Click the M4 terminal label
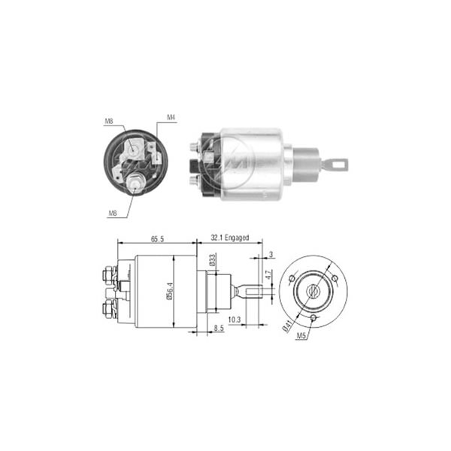171,118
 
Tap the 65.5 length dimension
157,239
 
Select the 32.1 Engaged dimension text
230,238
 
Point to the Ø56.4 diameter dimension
170,291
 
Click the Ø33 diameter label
212,260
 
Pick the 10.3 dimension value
234,319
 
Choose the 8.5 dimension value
219,328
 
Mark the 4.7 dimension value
268,275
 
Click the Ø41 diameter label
287,326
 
